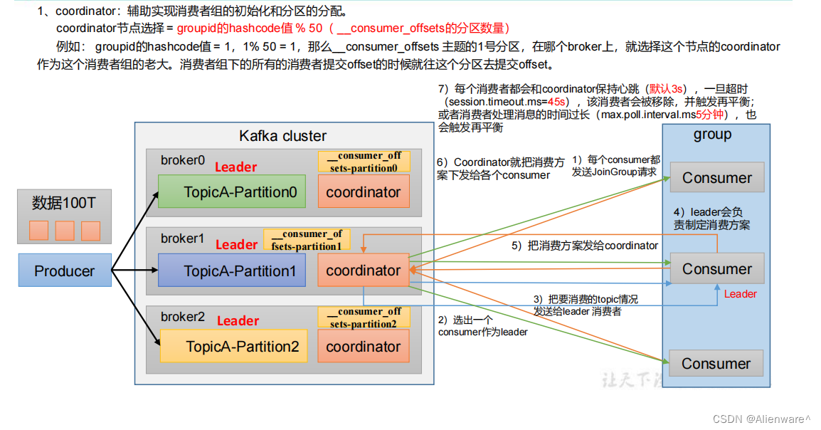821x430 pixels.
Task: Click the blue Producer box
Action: pos(65,271)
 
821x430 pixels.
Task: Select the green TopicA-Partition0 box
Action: pos(231,192)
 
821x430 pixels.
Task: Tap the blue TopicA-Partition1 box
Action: pos(231,271)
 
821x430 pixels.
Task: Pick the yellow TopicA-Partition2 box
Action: pos(233,347)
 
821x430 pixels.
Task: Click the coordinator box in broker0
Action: pos(364,192)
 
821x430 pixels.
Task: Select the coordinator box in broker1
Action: pos(364,271)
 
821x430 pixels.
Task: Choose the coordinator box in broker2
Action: pos(364,347)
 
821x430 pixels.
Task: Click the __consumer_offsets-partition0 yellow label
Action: pos(364,162)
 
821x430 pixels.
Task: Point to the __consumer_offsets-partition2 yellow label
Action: pos(364,318)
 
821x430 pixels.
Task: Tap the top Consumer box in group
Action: pos(716,178)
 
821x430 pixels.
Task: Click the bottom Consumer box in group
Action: pos(716,364)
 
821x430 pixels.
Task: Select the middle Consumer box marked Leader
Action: pos(716,269)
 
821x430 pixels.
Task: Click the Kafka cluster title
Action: pos(283,135)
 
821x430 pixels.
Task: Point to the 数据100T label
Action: pos(64,203)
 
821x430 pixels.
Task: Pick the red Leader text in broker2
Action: pos(238,321)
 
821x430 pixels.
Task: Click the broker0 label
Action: pos(183,160)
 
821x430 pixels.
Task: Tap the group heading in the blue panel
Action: pos(712,135)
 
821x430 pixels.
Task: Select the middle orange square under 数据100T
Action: pos(65,231)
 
